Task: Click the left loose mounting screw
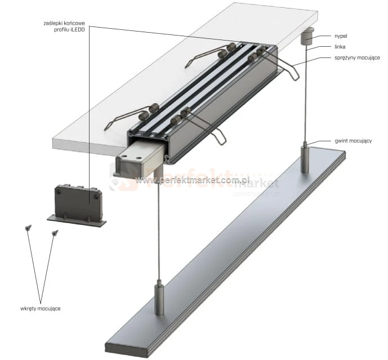tap(28, 228)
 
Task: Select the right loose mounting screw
tap(55, 233)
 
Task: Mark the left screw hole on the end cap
tap(59, 192)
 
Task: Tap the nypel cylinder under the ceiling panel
tap(307, 38)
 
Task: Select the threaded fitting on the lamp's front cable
tap(159, 300)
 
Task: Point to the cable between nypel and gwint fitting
tap(306, 96)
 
